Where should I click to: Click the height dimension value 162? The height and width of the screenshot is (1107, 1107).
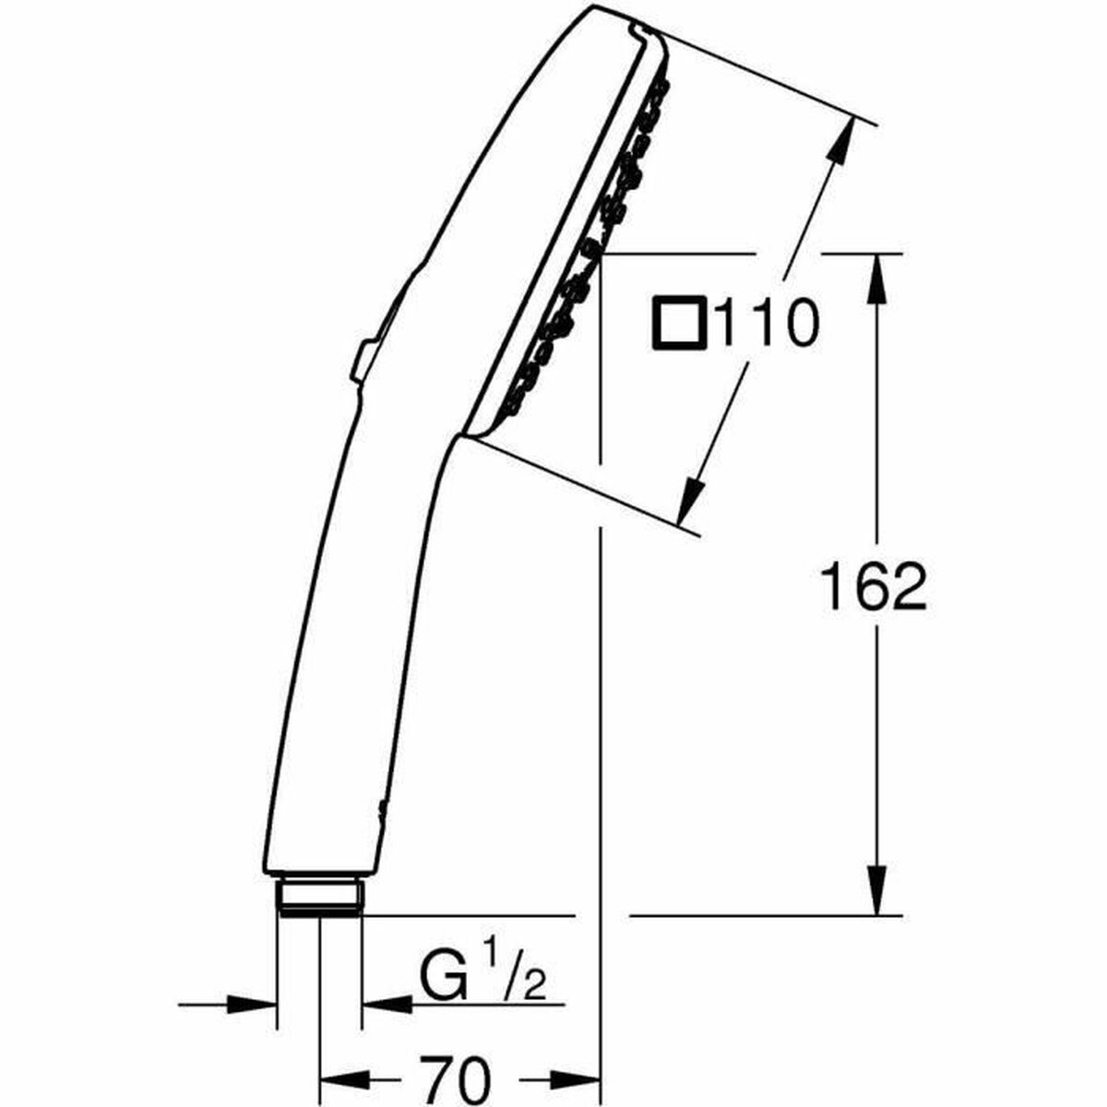pyautogui.click(x=873, y=586)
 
